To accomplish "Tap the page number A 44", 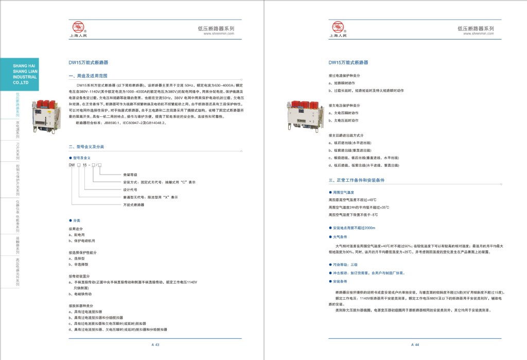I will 415,345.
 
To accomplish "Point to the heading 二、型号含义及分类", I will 86,147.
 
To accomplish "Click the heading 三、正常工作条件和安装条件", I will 357,181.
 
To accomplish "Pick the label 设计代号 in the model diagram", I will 130,190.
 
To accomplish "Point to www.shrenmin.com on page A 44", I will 479,33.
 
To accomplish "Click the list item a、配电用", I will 77,234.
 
